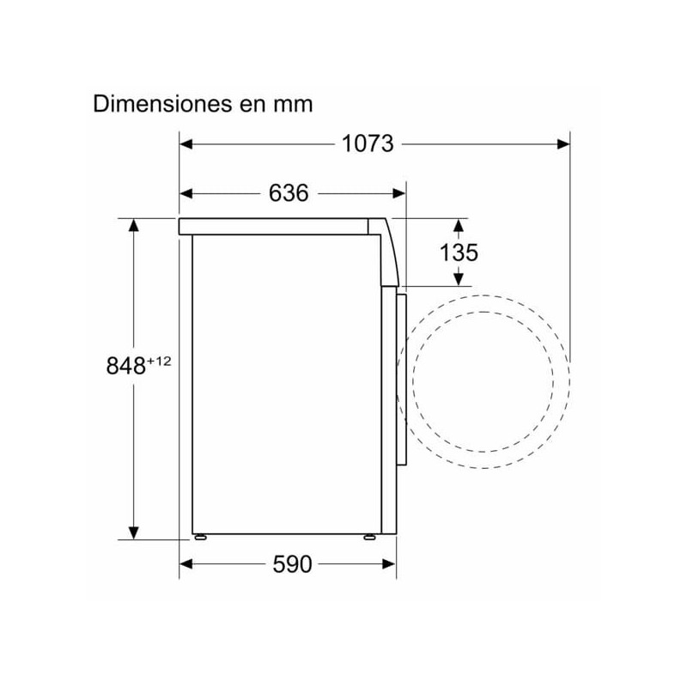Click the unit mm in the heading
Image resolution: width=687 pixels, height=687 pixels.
click(x=294, y=104)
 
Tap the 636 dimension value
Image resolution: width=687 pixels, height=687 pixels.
click(x=289, y=194)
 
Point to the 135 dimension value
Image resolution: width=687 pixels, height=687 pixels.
click(x=459, y=252)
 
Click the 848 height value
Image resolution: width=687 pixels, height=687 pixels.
click(x=125, y=365)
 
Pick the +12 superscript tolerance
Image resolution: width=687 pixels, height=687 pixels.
click(x=159, y=361)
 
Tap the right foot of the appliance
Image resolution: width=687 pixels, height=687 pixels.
click(x=369, y=537)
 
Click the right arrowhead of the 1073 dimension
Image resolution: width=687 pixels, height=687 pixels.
click(x=563, y=143)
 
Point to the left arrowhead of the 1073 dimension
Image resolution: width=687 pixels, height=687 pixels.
click(x=186, y=143)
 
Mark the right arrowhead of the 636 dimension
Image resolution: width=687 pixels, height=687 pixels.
click(x=398, y=194)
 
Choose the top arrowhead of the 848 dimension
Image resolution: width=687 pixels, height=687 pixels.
click(x=134, y=226)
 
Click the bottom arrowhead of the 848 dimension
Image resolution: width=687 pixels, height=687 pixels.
click(x=134, y=532)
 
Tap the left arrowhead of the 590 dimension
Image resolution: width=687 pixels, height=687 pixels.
click(x=186, y=564)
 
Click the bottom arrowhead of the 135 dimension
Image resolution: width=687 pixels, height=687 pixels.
click(x=459, y=278)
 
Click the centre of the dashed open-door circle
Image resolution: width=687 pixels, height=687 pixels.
click(x=489, y=375)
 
